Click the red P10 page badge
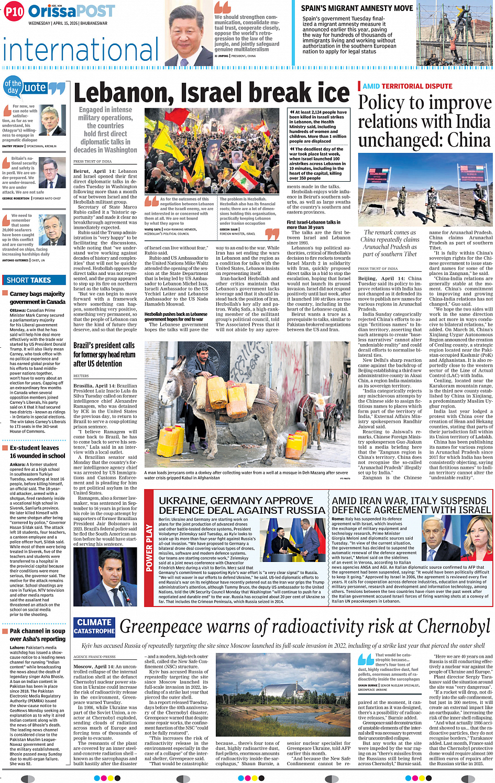point(14,12)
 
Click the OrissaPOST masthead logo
point(72,11)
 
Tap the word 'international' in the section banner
point(80,50)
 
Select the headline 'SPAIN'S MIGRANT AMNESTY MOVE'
point(357,8)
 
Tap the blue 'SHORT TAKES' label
point(28,280)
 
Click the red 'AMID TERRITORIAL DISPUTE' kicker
point(407,86)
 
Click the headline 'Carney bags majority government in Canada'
point(37,297)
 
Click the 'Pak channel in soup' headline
point(37,635)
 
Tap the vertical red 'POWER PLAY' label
point(149,548)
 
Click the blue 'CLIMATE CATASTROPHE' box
point(94,626)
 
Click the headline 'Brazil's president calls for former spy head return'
point(104,355)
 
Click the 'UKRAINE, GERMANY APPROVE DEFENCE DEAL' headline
point(241,505)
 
